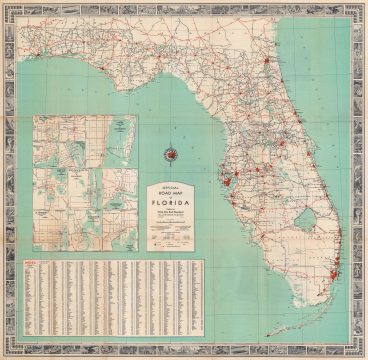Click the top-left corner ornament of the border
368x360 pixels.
click(x=9, y=9)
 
